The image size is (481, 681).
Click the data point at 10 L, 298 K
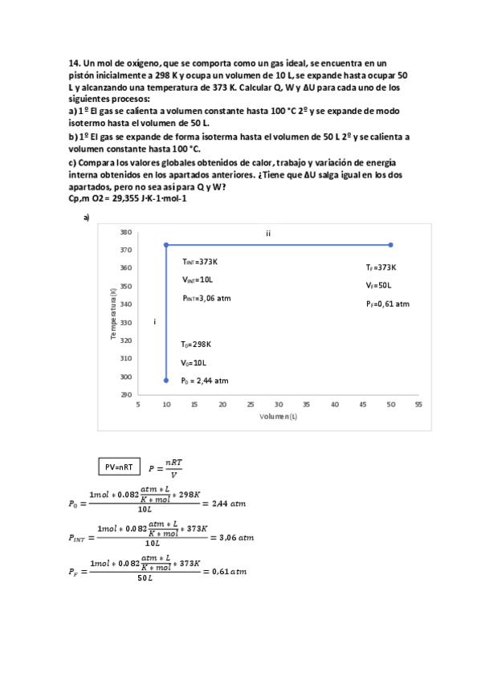click(x=166, y=380)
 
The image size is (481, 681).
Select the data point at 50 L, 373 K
click(x=390, y=245)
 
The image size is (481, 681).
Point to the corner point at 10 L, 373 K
click(x=166, y=245)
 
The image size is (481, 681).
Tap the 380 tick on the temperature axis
click(x=126, y=231)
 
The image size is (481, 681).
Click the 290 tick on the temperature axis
click(x=126, y=394)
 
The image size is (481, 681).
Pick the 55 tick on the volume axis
click(x=418, y=405)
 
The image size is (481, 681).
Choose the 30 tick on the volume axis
click(x=278, y=405)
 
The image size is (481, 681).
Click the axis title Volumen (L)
click(x=279, y=417)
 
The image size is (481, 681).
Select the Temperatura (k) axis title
click(x=114, y=313)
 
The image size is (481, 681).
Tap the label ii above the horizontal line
click(x=268, y=233)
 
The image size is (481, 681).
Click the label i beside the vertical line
click(x=153, y=321)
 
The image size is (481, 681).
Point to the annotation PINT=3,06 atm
click(x=206, y=297)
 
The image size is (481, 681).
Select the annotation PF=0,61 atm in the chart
click(x=387, y=304)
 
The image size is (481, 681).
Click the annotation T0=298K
click(x=197, y=344)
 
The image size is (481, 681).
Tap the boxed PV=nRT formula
click(x=120, y=467)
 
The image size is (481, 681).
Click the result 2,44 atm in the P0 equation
click(x=226, y=504)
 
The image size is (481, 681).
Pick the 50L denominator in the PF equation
click(x=146, y=579)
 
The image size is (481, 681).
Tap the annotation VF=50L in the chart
click(x=378, y=285)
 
